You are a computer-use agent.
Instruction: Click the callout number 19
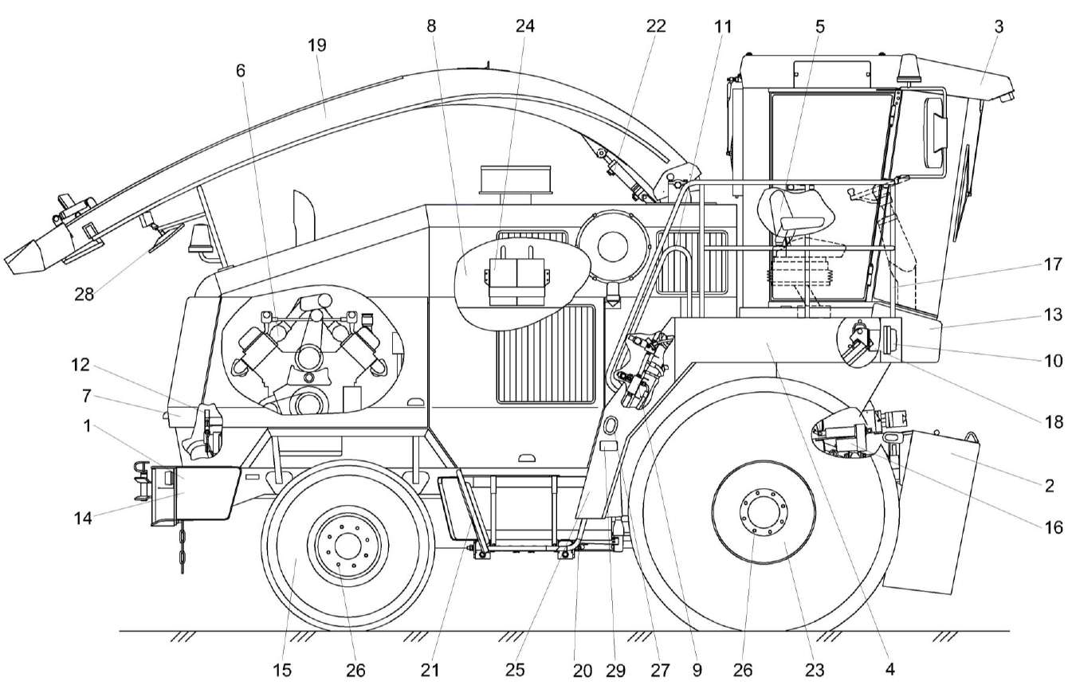coord(316,45)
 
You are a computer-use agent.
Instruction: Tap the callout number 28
coord(84,295)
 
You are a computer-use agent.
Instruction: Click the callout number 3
coord(999,26)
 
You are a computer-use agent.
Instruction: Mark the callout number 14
coord(83,518)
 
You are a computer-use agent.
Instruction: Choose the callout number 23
coord(815,670)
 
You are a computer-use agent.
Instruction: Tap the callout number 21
coord(430,670)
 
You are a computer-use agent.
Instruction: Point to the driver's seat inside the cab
coord(797,211)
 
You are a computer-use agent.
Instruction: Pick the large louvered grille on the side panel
coord(546,354)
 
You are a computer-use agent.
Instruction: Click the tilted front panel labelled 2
coord(933,510)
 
